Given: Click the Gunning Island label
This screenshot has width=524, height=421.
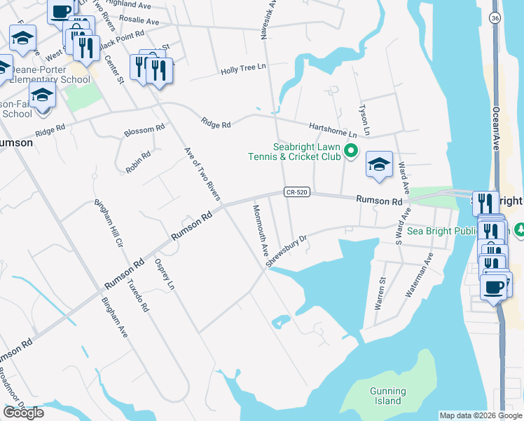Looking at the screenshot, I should [387, 396].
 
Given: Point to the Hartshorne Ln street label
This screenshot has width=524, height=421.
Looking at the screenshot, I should [333, 129].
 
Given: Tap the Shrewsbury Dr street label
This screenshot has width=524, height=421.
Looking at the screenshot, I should [287, 250].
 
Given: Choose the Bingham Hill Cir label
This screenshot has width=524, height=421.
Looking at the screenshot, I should [109, 227].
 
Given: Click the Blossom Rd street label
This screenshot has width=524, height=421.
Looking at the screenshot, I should [144, 130].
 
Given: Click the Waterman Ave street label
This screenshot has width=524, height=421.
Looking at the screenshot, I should [418, 276].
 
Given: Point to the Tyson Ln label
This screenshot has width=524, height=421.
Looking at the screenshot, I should [364, 120].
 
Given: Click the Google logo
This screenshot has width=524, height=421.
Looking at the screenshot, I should [23, 413].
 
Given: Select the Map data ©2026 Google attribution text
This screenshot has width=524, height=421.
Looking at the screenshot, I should [480, 415].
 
